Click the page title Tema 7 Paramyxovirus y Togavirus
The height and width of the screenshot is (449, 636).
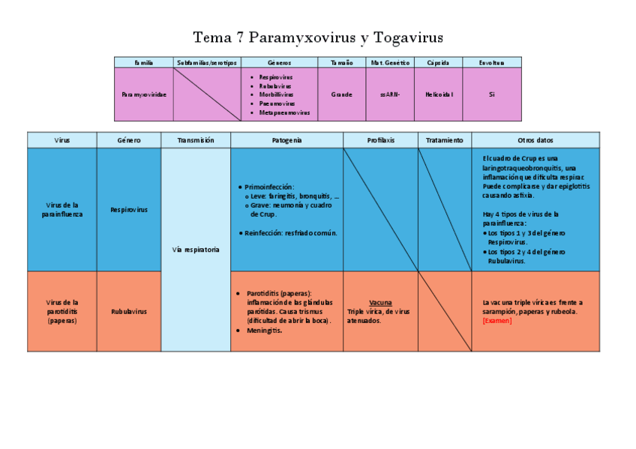[x=318, y=37]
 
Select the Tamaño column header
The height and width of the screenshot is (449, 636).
[x=341, y=62]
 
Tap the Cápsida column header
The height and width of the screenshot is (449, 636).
[x=438, y=62]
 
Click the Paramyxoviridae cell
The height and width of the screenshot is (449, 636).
[x=144, y=94]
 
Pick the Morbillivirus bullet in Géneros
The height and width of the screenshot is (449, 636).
[x=276, y=94]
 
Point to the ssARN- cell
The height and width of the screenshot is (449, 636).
[x=390, y=94]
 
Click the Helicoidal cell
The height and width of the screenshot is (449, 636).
[x=438, y=94]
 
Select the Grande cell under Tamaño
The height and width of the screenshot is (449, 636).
[x=341, y=94]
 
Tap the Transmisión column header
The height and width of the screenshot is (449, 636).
[x=196, y=140]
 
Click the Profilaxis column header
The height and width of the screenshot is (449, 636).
[x=380, y=140]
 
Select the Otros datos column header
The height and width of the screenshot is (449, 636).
[x=535, y=140]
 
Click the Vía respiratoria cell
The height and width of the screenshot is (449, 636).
[x=196, y=250]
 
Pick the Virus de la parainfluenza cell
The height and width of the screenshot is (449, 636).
[x=62, y=209]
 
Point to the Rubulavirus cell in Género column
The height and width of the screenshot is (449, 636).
[x=129, y=311]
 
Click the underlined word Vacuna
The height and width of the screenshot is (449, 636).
[x=380, y=302]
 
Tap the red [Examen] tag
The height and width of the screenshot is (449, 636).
[x=497, y=321]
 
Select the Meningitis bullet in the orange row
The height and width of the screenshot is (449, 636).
[x=264, y=330]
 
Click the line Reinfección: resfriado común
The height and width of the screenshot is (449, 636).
[x=291, y=232]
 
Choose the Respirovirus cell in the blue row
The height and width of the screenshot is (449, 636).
[x=129, y=210]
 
